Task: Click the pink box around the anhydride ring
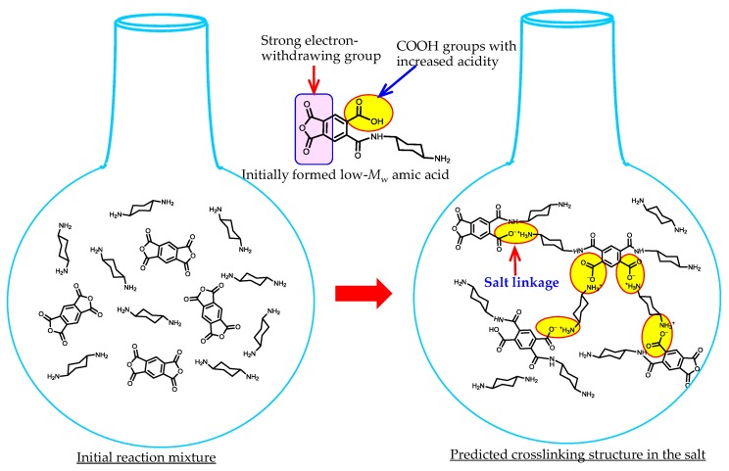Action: [313, 127]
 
